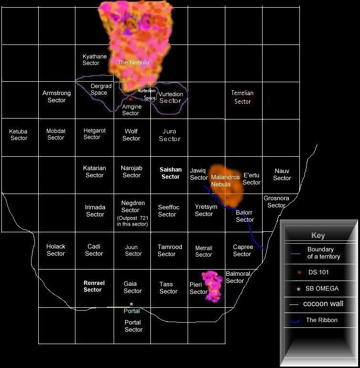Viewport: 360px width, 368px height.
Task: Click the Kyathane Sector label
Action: tap(94, 60)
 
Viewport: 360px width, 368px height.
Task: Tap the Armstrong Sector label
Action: tap(56, 97)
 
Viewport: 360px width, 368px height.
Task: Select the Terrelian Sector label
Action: tap(242, 97)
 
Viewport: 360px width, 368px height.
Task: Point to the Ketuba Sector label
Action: tap(19, 135)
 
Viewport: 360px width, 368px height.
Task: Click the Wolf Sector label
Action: tap(131, 135)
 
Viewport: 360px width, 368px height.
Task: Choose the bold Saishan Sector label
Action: tap(170, 173)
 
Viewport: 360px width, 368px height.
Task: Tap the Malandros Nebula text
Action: tap(225, 181)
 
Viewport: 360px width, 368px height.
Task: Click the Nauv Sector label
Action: tap(282, 174)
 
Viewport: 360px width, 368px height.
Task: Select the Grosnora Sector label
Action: tap(276, 202)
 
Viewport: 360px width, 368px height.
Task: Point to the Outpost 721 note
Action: tap(132, 221)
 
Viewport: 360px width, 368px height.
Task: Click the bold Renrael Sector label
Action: tap(94, 286)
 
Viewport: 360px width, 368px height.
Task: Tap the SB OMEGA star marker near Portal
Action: tap(131, 304)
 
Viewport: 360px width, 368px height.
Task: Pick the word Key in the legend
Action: tap(318, 236)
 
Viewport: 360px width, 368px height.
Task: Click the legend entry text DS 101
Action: tap(319, 272)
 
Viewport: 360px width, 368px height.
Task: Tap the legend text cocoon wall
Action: tap(323, 303)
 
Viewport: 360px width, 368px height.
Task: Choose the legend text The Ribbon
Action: tap(321, 320)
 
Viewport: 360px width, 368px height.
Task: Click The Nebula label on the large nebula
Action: tap(133, 63)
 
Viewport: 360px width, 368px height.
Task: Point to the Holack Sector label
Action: tap(56, 250)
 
